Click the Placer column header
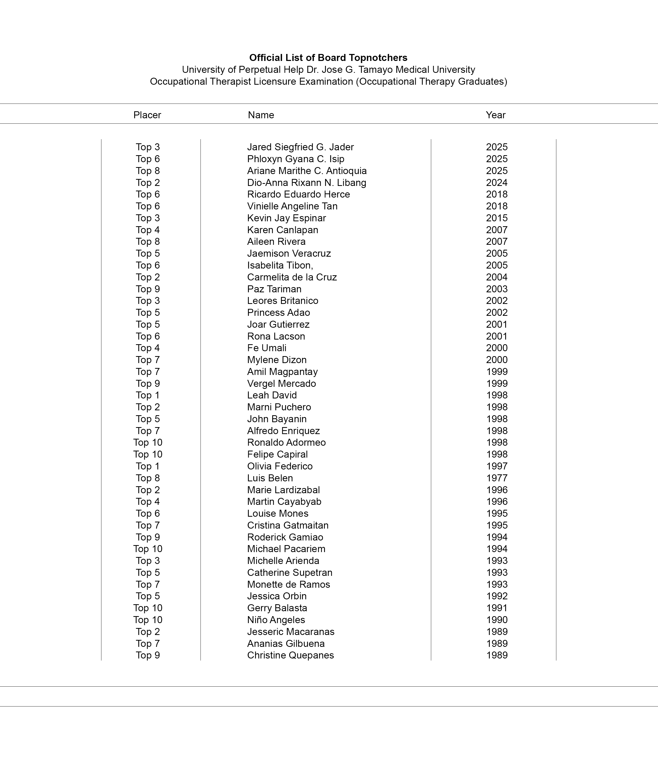click(x=147, y=115)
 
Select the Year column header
click(x=495, y=115)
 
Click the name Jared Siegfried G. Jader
click(x=300, y=147)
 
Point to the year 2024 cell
click(x=496, y=183)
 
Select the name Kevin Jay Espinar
click(x=286, y=218)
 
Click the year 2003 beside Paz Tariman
click(x=496, y=289)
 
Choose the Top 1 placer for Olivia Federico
click(x=148, y=466)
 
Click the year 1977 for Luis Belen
click(x=496, y=478)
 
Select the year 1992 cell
click(x=496, y=596)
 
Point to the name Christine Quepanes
click(x=290, y=655)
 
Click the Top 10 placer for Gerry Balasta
click(x=148, y=608)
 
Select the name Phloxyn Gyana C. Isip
click(x=295, y=159)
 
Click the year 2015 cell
click(x=496, y=218)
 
